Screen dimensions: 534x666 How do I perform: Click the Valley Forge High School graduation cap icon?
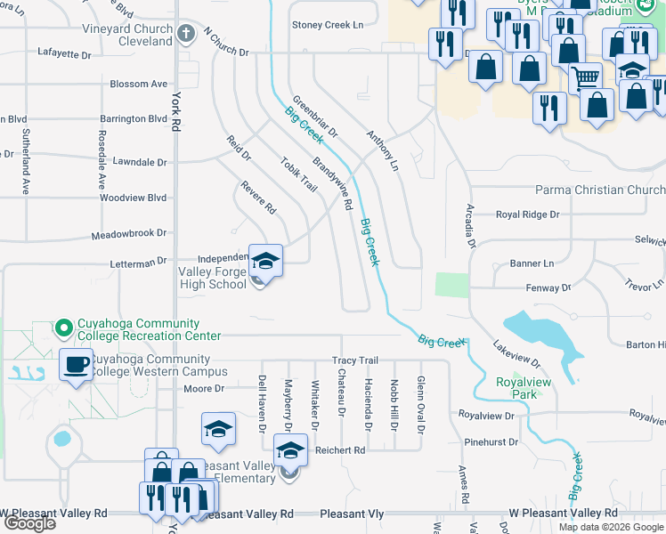265,261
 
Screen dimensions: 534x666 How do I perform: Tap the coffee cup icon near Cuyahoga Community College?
76,364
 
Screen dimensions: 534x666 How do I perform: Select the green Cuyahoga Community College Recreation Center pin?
63,329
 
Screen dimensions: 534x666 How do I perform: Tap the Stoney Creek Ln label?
328,26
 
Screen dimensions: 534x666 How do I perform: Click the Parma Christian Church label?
599,190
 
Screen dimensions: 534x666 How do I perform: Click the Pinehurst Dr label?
491,441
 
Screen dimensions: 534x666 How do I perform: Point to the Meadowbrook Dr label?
129,234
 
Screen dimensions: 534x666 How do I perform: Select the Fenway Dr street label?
548,287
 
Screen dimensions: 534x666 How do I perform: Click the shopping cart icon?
585,78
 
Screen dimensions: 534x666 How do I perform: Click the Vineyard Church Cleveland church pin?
186,34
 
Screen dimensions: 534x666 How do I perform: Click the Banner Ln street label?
532,263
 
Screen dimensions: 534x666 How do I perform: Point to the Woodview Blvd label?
134,198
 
